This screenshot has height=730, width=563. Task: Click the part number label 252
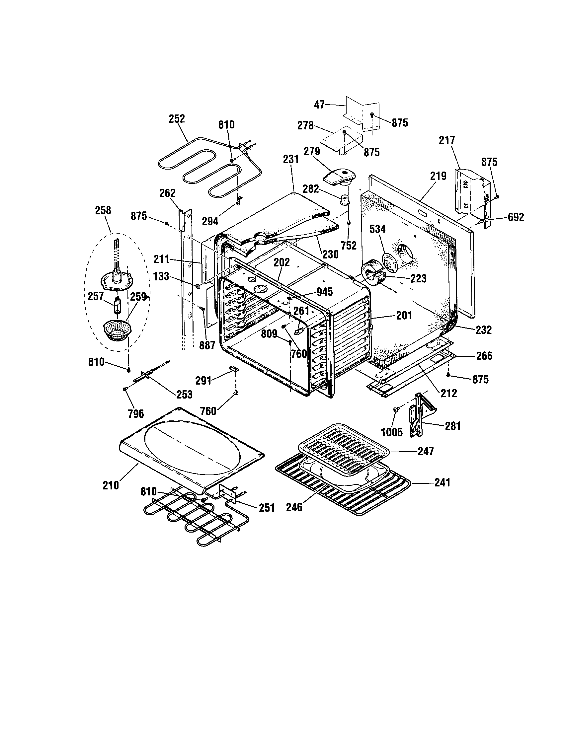[177, 119]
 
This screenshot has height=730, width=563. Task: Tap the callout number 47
[319, 105]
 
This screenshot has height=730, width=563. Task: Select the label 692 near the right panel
[516, 217]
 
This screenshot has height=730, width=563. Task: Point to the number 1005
[392, 432]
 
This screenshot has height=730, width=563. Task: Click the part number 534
[377, 229]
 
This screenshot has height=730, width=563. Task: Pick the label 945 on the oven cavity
[324, 292]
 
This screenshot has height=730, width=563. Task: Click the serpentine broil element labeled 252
[197, 171]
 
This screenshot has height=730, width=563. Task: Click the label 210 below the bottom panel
[111, 485]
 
